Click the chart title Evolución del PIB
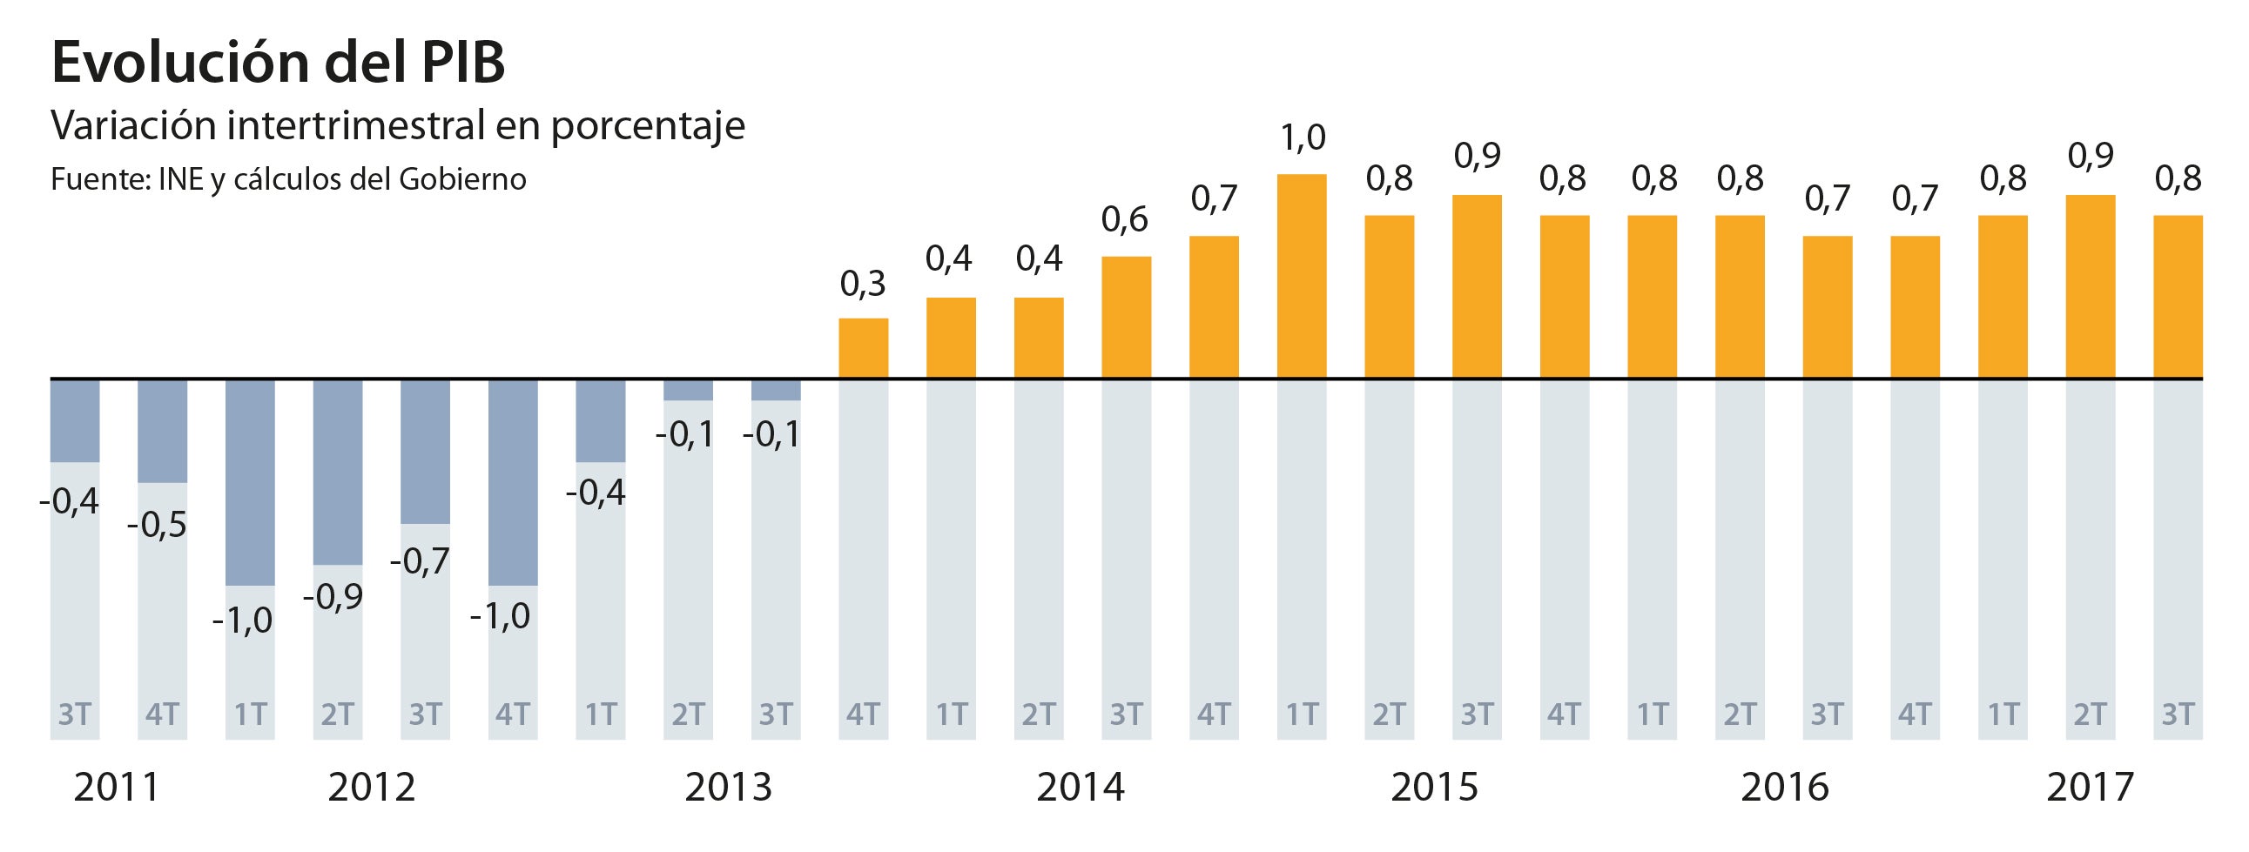point(278,63)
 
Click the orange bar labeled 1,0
point(1301,277)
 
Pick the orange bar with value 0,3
point(863,348)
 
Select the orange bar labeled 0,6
point(1126,318)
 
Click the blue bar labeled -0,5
point(163,431)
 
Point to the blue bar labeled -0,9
point(338,473)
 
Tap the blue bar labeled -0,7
point(425,452)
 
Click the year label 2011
point(116,788)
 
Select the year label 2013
point(728,788)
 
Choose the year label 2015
point(1433,788)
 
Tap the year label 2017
point(2090,788)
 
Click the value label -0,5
point(157,526)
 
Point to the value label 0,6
point(1125,221)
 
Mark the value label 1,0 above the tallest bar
point(1303,138)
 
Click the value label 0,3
point(863,285)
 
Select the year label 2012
point(371,788)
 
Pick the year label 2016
point(1784,788)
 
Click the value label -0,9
point(333,597)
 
